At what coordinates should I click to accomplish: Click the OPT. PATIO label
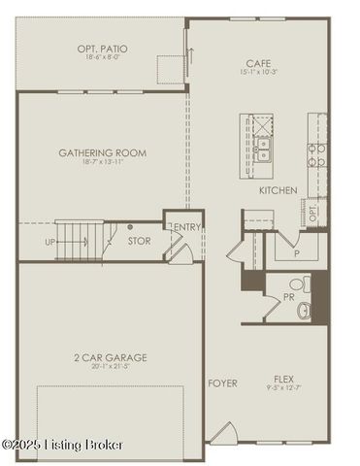(103, 49)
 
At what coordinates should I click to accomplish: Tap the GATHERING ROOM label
(103, 152)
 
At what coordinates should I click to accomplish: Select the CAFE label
(259, 62)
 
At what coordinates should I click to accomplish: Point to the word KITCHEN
(278, 190)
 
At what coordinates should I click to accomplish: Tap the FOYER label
(222, 383)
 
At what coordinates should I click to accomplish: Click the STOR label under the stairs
(139, 241)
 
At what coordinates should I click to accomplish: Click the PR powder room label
(288, 297)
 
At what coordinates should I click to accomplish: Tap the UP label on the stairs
(49, 242)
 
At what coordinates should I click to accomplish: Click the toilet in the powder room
(304, 284)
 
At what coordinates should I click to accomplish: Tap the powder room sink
(305, 311)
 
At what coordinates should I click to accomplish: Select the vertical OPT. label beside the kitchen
(312, 212)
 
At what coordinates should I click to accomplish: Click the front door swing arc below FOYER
(222, 432)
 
